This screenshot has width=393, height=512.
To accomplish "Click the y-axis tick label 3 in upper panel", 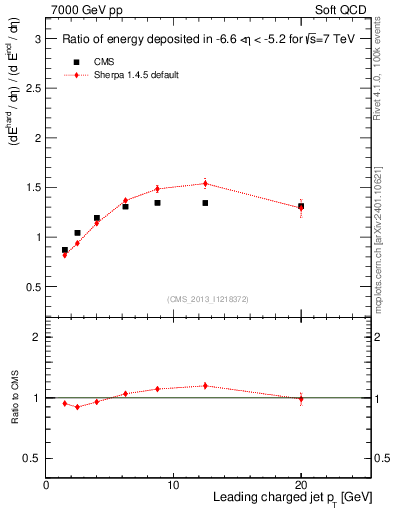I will click(x=37, y=38).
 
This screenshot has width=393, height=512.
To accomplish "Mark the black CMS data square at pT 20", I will click(x=301, y=206).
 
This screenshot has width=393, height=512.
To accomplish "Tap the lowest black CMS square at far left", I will click(x=65, y=250).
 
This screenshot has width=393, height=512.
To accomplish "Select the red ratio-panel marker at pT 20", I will click(x=301, y=399).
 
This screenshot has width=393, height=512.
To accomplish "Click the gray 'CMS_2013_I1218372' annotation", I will click(x=208, y=299).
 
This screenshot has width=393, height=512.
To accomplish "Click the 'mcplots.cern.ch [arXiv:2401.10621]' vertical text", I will click(x=381, y=229).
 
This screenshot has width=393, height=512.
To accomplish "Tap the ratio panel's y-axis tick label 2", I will click(x=37, y=337).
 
